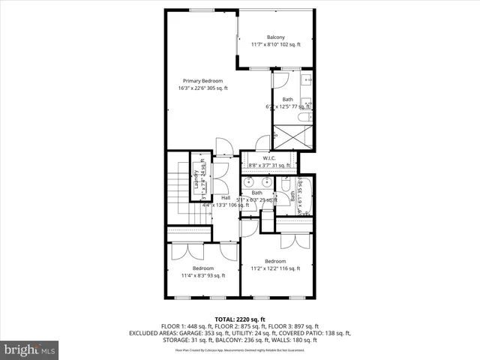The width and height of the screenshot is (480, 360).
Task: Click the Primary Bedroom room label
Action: [202, 81]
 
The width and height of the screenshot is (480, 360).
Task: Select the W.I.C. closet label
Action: [269, 158]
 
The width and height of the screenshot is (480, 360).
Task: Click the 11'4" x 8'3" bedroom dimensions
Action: [202, 275]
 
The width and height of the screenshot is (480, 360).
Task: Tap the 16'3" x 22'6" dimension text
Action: [202, 88]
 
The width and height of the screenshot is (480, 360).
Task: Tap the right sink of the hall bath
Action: [270, 181]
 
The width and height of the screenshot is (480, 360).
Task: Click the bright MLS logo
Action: [30, 349]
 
